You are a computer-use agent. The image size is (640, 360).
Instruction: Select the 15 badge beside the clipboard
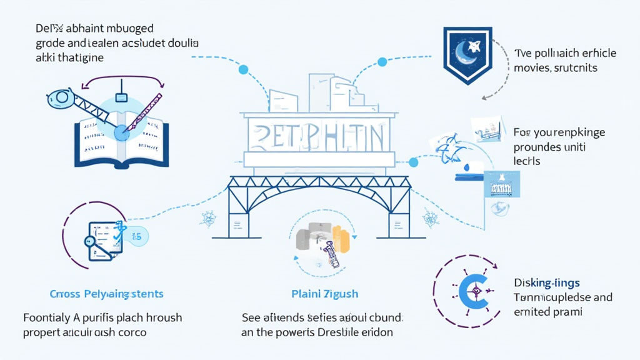[x=136, y=236]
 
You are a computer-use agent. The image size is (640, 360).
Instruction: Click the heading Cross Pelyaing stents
[x=106, y=294]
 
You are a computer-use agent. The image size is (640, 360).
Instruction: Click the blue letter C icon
[x=473, y=290]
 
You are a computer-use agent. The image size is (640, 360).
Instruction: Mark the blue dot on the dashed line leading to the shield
[x=382, y=62]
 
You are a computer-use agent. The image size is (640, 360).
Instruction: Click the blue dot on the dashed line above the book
[x=244, y=69]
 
